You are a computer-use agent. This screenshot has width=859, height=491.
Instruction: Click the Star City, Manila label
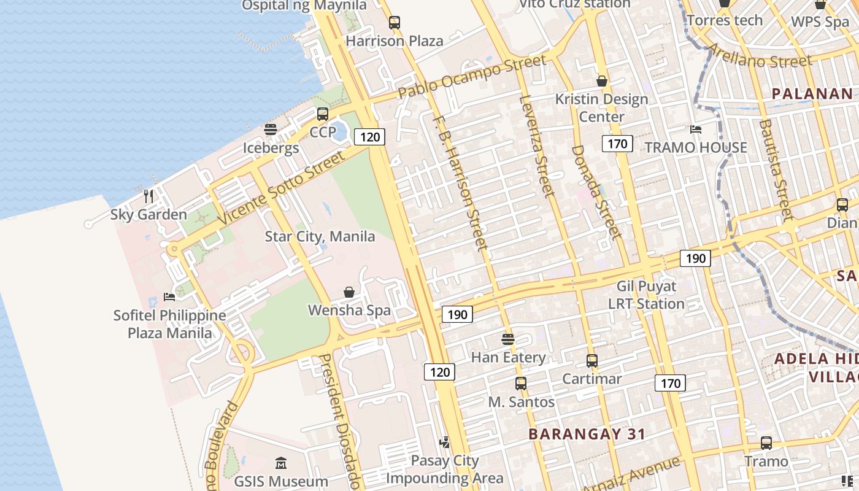320,236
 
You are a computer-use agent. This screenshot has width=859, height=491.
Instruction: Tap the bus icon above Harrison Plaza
395,23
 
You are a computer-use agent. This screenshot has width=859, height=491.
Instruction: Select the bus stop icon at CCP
323,114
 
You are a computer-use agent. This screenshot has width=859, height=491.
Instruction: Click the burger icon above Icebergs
271,130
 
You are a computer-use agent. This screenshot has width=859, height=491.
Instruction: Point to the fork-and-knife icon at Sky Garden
148,196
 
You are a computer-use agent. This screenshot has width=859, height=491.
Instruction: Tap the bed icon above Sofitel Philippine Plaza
169,297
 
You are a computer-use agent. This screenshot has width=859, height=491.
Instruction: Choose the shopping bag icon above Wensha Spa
349,292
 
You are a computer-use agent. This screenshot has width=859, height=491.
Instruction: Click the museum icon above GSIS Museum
281,463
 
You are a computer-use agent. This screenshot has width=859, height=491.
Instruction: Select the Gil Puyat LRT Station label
646,295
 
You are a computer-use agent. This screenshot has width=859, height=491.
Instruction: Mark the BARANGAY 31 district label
587,435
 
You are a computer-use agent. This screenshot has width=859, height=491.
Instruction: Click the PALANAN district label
812,94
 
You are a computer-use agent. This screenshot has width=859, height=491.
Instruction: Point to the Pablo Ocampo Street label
472,77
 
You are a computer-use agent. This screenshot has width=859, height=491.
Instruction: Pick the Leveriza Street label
537,145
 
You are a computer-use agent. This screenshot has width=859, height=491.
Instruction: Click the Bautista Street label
776,170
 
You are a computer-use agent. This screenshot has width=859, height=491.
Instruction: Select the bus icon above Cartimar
592,361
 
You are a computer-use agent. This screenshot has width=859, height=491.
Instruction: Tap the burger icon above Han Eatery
508,339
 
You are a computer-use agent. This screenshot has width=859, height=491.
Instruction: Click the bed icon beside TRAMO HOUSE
696,130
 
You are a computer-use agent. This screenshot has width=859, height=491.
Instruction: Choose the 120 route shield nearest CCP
370,137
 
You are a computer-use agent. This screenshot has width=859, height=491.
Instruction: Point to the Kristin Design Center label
601,107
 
